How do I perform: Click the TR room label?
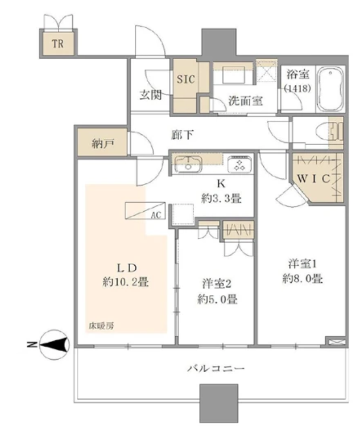58,44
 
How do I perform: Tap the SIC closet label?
186,79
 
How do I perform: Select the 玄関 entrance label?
151,94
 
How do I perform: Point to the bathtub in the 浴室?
330,88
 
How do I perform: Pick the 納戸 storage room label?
103,143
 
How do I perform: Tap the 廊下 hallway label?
182,134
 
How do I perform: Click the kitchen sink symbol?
188,163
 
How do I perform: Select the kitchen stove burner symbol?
239,164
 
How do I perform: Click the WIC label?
313,179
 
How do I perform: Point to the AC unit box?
146,211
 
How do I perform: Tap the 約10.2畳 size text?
126,282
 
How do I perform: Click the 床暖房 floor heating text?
101,326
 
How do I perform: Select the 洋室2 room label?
217,283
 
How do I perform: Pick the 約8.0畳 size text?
303,279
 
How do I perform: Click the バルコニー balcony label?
216,369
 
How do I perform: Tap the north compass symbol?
54,344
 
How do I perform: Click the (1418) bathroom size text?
297,88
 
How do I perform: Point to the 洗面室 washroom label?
245,101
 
